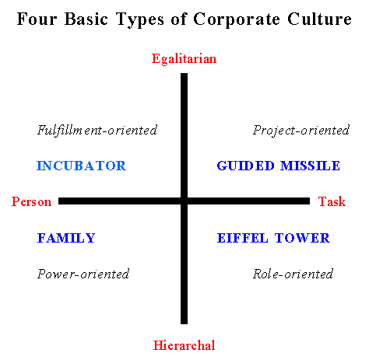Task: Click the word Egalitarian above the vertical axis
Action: click(184, 59)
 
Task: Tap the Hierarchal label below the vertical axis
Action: click(184, 345)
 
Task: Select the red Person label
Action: click(31, 201)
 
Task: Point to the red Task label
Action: click(332, 201)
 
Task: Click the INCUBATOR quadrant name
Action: click(81, 166)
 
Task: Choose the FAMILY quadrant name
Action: click(66, 238)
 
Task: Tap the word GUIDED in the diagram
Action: click(245, 166)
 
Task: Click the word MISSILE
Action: click(310, 166)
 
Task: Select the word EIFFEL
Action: click(242, 238)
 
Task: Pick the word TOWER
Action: click(302, 238)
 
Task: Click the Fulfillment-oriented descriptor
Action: click(97, 130)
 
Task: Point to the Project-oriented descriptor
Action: click(301, 130)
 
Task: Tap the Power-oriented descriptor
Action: click(83, 274)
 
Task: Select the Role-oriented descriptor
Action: click(293, 274)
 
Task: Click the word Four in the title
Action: click(37, 19)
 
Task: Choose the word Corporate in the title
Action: click(237, 19)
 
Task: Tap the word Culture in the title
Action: click(319, 19)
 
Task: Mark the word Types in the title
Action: click(140, 20)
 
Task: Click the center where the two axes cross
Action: click(184, 201)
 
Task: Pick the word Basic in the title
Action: click(86, 19)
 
